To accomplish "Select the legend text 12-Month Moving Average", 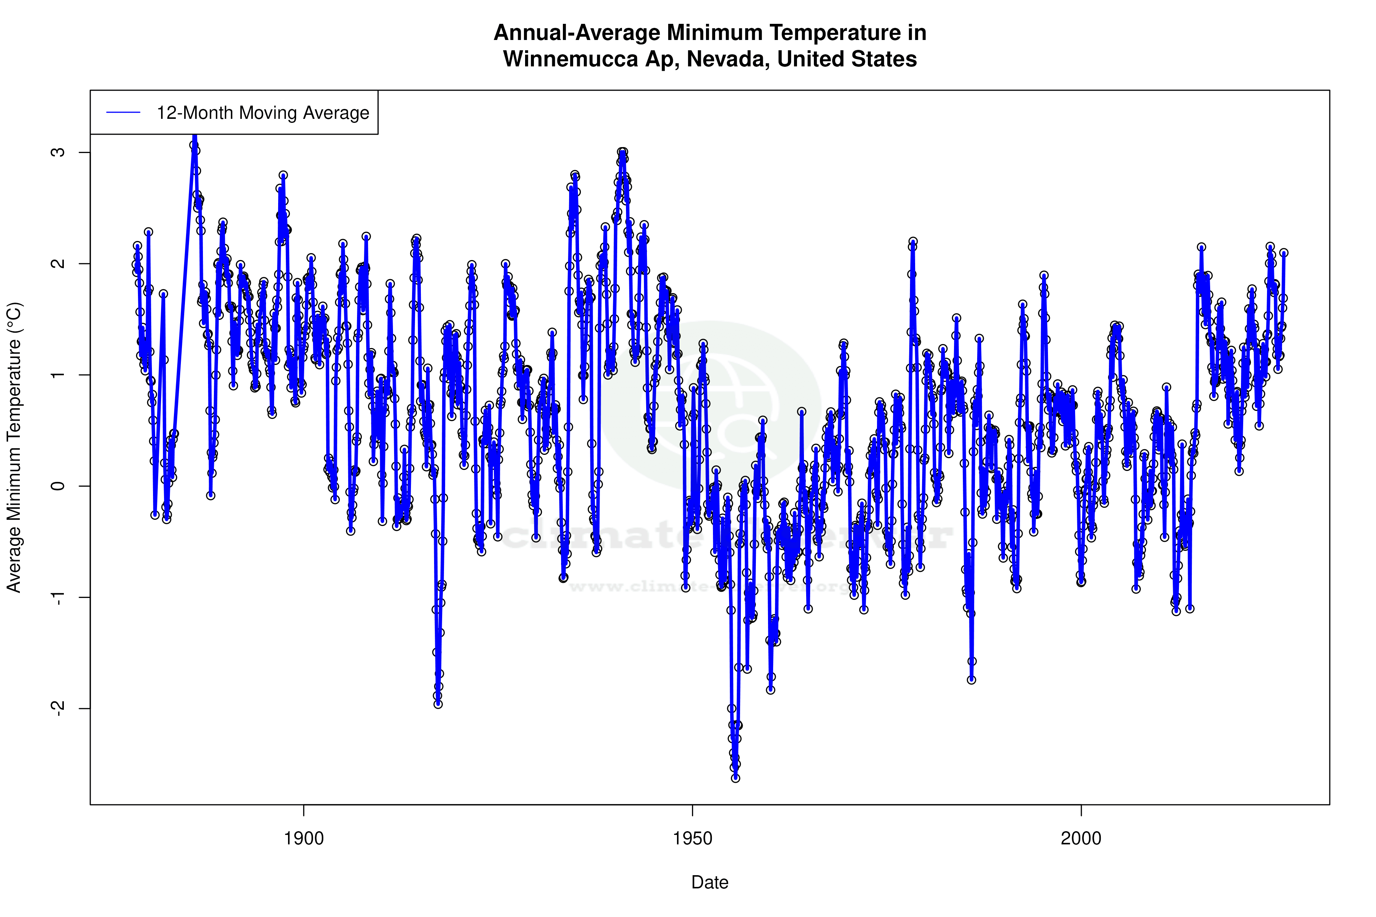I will [263, 113].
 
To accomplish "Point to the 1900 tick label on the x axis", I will [303, 839].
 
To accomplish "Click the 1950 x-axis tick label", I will [693, 839].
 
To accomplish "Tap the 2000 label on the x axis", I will [1081, 839].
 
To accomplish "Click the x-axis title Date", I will [710, 883].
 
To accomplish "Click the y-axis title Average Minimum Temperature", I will [14, 447].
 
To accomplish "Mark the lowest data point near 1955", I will [735, 778].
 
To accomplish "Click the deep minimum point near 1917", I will [438, 704].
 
